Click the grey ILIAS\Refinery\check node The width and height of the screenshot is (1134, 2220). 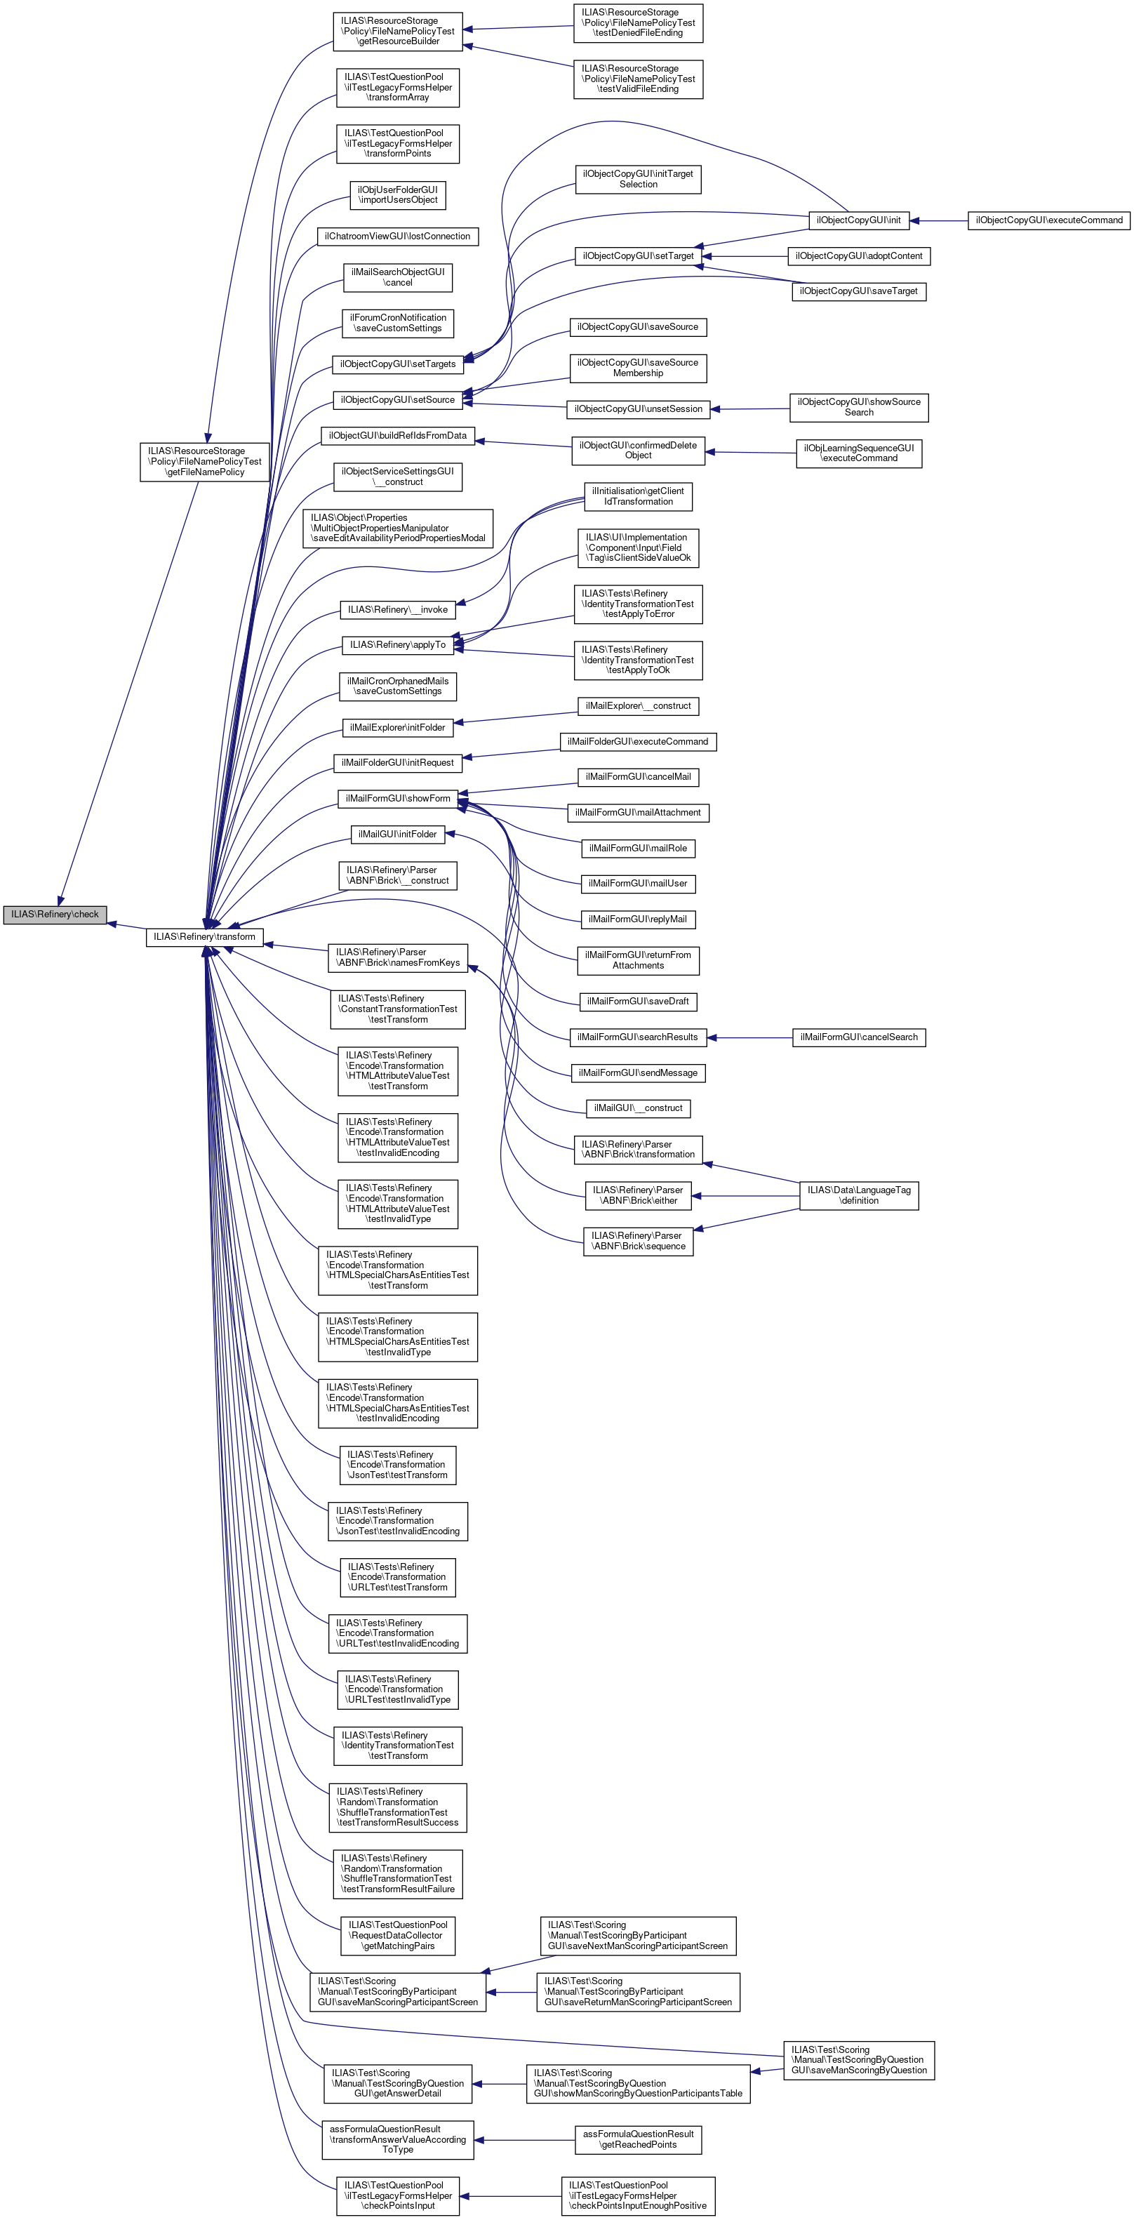pyautogui.click(x=54, y=915)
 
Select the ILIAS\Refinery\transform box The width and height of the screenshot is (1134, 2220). pyautogui.click(x=204, y=937)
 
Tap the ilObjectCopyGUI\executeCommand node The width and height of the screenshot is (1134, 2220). pyautogui.click(x=1048, y=220)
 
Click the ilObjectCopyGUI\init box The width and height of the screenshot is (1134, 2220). pyautogui.click(x=858, y=220)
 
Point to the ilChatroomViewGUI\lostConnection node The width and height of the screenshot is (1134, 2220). pyautogui.click(x=397, y=236)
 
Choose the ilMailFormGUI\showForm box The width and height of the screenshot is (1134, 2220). pyautogui.click(x=397, y=799)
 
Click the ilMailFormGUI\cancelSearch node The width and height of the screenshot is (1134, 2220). pyautogui.click(x=858, y=1037)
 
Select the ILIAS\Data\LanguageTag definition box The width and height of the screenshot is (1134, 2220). pyautogui.click(x=858, y=1195)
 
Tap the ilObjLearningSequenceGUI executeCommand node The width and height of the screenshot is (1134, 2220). pyautogui.click(x=858, y=453)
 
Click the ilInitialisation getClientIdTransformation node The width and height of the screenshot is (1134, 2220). pyautogui.click(x=638, y=496)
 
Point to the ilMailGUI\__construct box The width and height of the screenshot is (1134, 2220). pyautogui.click(x=638, y=1108)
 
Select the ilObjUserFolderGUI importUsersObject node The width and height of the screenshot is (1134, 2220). pyautogui.click(x=397, y=194)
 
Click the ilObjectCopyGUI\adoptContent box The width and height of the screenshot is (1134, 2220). pyautogui.click(x=858, y=256)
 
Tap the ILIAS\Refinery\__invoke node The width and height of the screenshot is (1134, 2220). pyautogui.click(x=397, y=610)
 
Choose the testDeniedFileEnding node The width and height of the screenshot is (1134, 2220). pyautogui.click(x=638, y=23)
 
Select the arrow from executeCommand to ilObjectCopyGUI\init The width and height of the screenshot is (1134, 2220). pyautogui.click(x=938, y=220)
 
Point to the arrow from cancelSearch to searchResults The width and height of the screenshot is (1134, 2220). pyautogui.click(x=749, y=1037)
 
